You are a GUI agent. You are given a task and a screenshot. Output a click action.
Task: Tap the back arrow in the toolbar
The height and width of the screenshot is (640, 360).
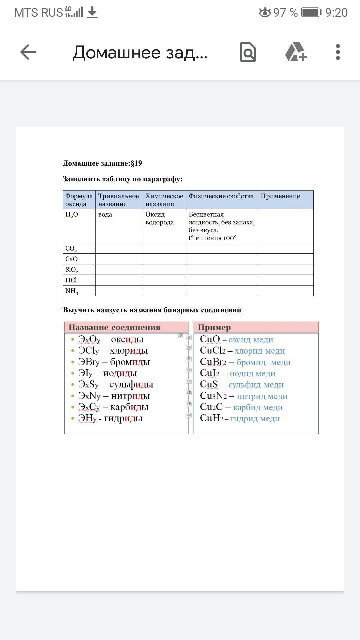click(x=28, y=52)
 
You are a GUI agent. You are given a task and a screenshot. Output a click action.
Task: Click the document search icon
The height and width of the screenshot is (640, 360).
click(x=248, y=52)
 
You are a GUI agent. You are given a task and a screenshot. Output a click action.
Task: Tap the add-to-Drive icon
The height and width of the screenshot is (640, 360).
click(x=296, y=52)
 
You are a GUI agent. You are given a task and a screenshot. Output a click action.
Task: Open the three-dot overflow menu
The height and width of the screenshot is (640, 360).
click(x=338, y=52)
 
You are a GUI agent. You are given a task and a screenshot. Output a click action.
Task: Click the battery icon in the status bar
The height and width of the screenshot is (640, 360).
click(x=311, y=13)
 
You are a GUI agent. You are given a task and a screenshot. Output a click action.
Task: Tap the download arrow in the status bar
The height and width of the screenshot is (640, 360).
click(x=92, y=13)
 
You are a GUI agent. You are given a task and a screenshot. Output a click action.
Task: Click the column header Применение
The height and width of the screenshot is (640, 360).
click(x=280, y=196)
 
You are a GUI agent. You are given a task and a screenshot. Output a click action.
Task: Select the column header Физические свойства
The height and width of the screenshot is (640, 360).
click(x=221, y=196)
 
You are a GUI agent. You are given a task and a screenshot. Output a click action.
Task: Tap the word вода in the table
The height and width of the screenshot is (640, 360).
click(x=105, y=215)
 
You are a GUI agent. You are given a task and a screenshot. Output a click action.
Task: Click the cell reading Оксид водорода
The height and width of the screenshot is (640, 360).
click(x=159, y=218)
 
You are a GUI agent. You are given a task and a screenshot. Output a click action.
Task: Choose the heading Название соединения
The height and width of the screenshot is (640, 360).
click(x=114, y=327)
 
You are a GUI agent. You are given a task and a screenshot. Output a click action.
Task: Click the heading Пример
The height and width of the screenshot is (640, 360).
click(x=214, y=327)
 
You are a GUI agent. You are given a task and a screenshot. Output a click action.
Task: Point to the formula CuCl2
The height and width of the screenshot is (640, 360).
click(x=213, y=351)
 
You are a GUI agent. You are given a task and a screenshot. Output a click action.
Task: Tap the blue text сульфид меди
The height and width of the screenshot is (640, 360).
click(x=256, y=385)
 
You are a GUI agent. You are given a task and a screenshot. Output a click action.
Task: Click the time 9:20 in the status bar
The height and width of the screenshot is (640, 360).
click(x=336, y=13)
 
